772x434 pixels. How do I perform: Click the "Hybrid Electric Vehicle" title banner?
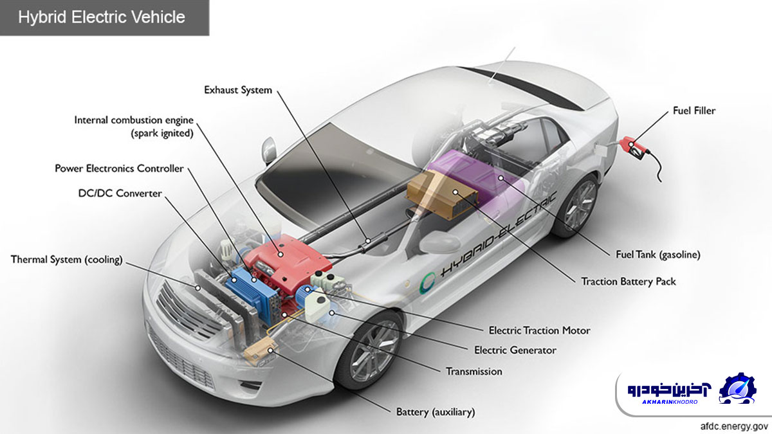point(104,17)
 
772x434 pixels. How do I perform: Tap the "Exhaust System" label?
point(238,90)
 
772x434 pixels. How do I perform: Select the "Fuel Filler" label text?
point(694,111)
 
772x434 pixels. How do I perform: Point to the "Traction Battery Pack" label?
point(629,282)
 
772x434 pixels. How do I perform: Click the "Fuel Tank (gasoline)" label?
point(658,255)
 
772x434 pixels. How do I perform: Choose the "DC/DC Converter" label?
point(120,194)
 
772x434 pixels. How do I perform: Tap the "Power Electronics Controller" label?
point(119,168)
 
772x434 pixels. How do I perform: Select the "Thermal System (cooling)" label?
point(66,259)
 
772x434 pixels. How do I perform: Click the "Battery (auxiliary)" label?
point(436,412)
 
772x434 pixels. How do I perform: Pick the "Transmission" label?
point(474,372)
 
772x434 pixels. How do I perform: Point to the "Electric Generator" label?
point(515,350)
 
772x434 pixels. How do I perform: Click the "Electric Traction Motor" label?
point(539,330)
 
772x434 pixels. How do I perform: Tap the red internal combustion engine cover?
point(288,262)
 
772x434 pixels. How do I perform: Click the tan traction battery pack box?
point(443,195)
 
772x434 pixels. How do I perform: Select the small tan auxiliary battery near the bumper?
point(261,350)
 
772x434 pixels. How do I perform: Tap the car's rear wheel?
point(576,206)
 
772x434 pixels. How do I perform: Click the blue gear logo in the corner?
point(737,388)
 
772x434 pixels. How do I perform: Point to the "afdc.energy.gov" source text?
point(734,426)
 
